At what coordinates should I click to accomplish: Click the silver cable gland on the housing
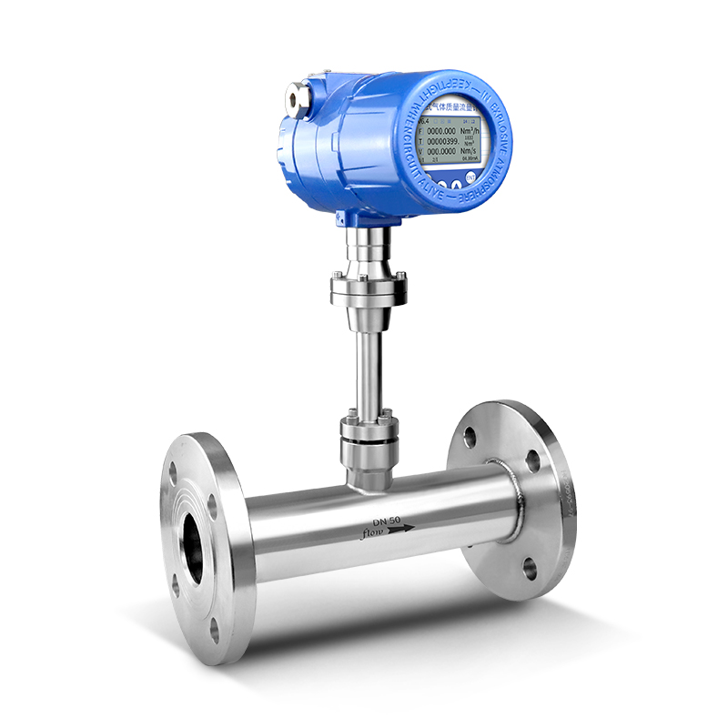[296, 95]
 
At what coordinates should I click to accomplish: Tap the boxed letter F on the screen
[420, 130]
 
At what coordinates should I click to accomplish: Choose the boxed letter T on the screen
[420, 141]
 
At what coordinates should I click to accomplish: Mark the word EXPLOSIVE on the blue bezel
[503, 118]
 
